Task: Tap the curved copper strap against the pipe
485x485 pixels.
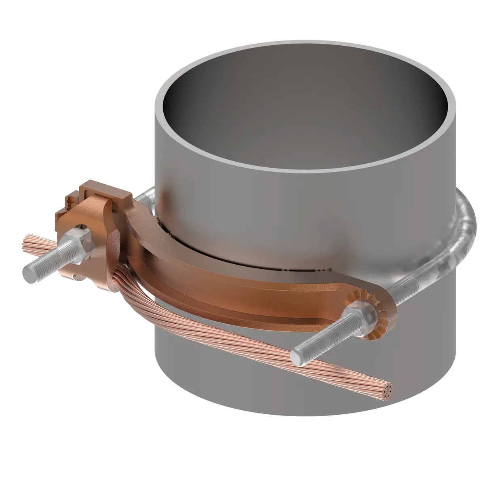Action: pos(226,283)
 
